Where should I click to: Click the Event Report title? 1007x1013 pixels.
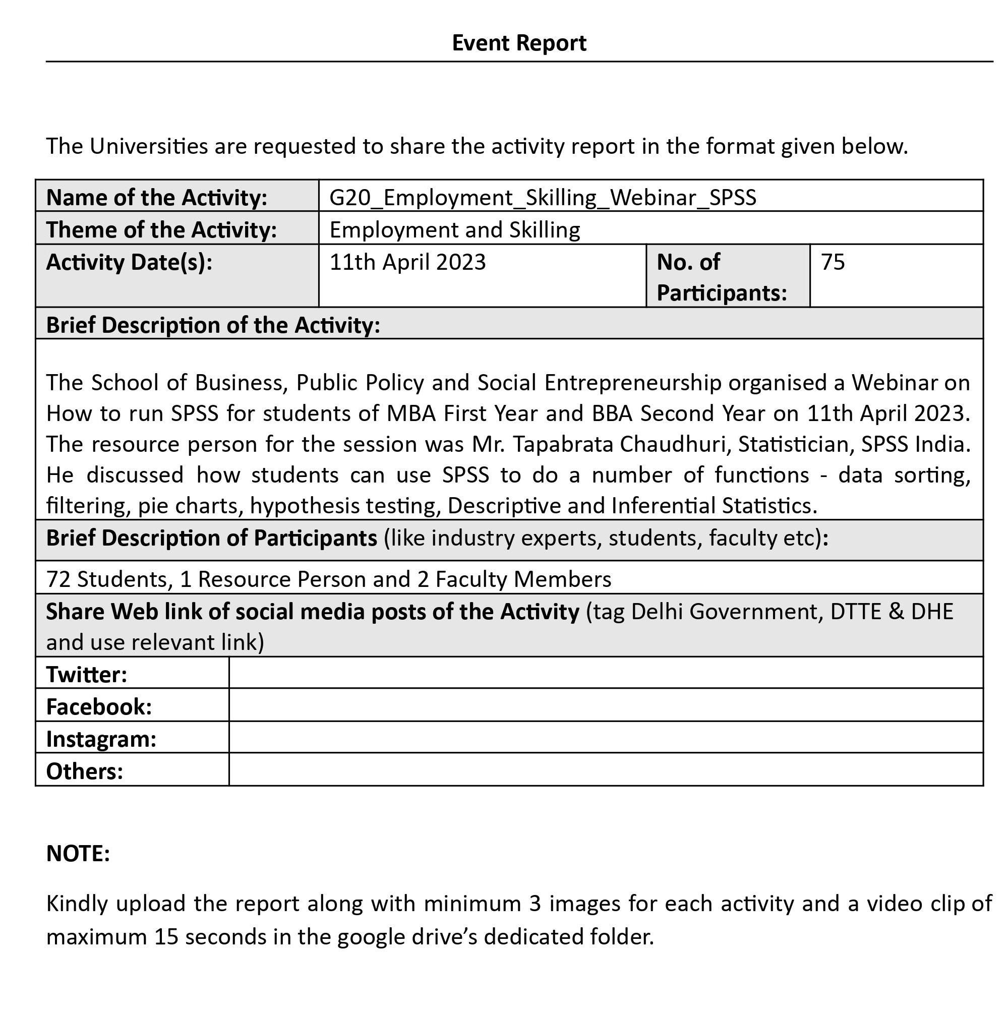519,43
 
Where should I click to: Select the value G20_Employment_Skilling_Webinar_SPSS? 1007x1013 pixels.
543,198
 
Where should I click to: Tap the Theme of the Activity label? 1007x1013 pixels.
161,229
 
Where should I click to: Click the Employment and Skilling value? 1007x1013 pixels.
455,229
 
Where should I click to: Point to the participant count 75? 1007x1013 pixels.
833,262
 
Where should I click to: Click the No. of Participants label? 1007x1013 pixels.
722,277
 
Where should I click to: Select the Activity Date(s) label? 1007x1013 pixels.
129,262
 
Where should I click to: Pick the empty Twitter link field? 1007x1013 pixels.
606,673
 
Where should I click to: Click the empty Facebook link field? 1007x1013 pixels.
606,705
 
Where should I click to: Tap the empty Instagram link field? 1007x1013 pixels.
606,738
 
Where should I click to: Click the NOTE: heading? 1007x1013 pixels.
78,854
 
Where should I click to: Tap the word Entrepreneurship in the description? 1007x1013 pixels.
632,383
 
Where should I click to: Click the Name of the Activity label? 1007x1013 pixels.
157,198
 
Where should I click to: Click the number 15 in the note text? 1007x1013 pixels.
166,937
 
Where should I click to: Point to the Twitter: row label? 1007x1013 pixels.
87,674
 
